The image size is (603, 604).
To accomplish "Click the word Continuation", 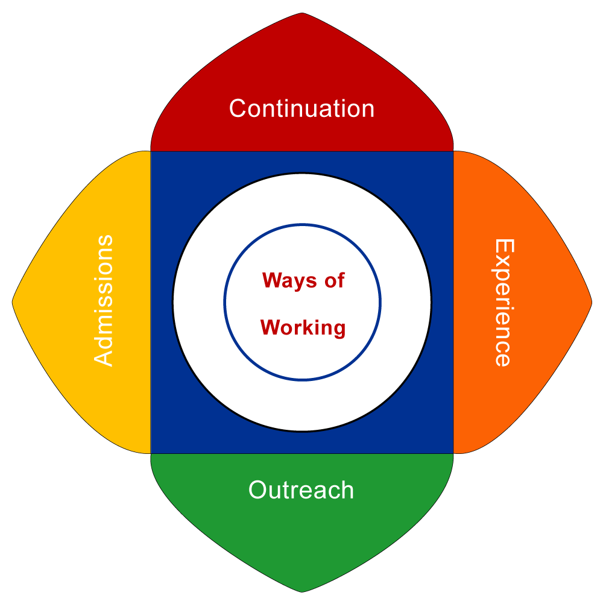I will (x=301, y=109).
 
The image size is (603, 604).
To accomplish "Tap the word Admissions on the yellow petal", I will (x=104, y=300).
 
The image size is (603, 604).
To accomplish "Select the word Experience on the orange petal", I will (x=503, y=303).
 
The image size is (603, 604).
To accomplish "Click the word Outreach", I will (x=301, y=490).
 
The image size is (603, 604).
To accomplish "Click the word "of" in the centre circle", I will (x=333, y=280).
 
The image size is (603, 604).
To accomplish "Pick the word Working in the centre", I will (x=303, y=328).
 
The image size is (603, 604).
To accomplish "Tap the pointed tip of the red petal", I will (x=301, y=14).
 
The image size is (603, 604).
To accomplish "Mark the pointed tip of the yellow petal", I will (x=13, y=301).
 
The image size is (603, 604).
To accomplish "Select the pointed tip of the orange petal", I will (x=591, y=301).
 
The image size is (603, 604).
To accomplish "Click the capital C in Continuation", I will (x=238, y=109).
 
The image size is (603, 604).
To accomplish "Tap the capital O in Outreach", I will (x=257, y=490).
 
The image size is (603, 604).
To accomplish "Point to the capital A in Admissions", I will (x=104, y=357).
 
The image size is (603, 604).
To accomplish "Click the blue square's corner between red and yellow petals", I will (x=151, y=152).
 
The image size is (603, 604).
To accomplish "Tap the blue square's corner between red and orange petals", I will (x=452, y=152).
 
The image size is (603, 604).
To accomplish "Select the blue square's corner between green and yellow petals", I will (x=151, y=452).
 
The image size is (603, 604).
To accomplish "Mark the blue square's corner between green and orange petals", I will (x=452, y=452).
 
